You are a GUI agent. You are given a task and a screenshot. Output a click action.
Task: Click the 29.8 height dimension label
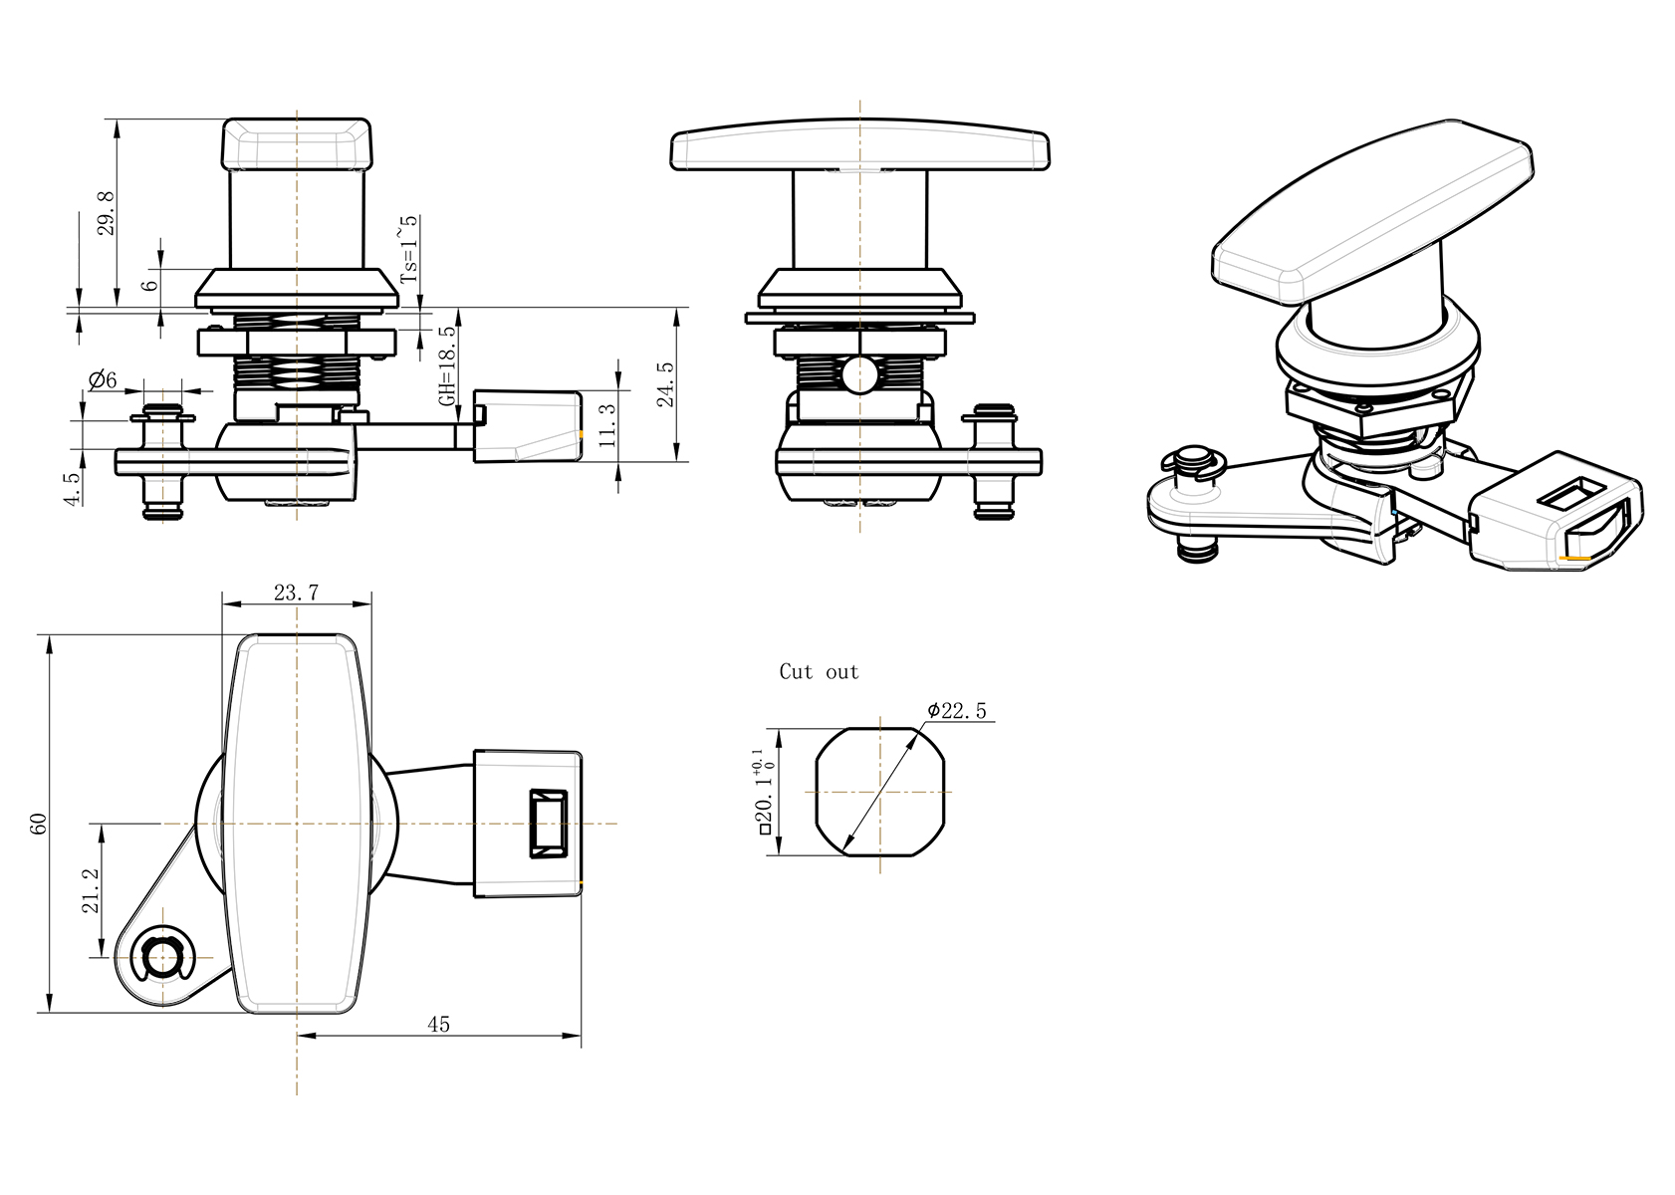[x=107, y=212]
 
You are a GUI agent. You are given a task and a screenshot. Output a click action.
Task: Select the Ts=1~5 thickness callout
[x=408, y=250]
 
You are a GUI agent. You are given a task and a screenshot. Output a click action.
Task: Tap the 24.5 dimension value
[x=666, y=383]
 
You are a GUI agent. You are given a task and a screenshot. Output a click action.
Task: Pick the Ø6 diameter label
[x=103, y=380]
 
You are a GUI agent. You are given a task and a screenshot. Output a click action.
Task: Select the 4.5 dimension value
[x=72, y=489]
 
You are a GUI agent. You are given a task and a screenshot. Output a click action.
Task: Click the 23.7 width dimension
[x=296, y=594]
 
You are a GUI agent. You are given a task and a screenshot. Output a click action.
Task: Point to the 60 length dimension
[x=40, y=824]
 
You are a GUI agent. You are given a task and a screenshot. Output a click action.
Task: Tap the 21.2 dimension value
[x=90, y=889]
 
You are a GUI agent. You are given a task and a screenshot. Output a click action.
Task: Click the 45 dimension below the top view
[x=438, y=1025]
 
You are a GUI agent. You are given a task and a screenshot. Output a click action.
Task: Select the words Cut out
[x=819, y=672]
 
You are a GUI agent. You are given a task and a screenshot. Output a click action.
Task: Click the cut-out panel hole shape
[x=880, y=792]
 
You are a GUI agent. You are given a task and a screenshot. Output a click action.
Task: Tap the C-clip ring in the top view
[x=161, y=958]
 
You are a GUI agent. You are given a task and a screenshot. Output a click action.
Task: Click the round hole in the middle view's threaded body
[x=858, y=375]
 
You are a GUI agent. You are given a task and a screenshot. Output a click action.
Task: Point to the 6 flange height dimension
[x=150, y=285]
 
